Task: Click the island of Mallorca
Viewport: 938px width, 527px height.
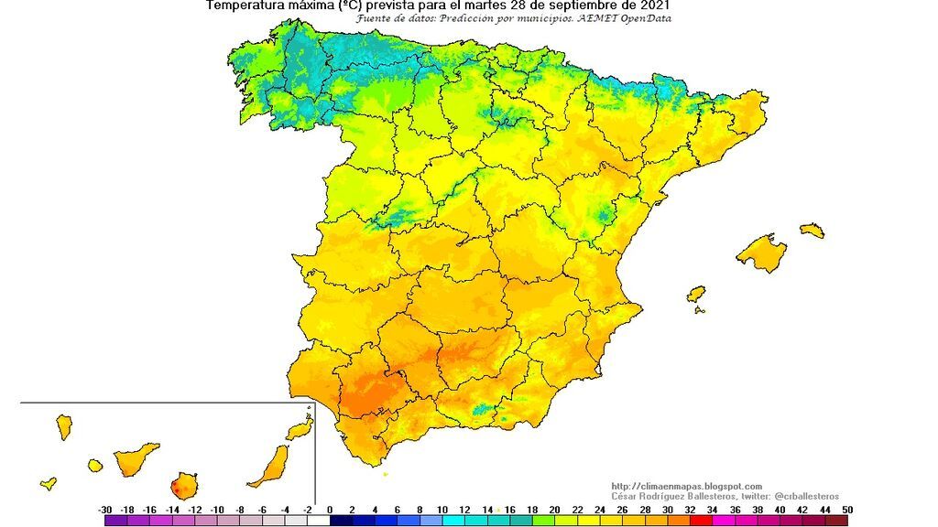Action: tap(761, 253)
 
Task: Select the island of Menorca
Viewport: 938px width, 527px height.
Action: tap(812, 231)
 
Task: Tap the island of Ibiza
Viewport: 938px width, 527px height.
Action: tap(696, 295)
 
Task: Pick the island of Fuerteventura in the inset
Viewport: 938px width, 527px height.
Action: tap(270, 466)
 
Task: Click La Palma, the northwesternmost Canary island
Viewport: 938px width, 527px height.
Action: tap(64, 425)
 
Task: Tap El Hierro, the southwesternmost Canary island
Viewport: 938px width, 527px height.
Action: tap(49, 483)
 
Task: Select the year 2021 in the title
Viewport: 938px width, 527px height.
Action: tap(653, 5)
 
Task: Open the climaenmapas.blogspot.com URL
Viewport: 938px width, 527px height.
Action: tap(686, 486)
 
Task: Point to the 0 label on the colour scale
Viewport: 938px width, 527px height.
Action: tap(330, 509)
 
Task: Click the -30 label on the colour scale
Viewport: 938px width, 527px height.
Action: tap(105, 509)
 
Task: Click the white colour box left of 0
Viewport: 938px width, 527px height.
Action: tap(318, 521)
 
